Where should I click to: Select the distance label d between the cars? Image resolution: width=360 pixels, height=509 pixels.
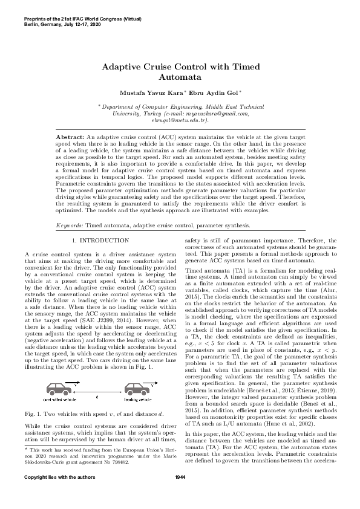coord(97,396)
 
